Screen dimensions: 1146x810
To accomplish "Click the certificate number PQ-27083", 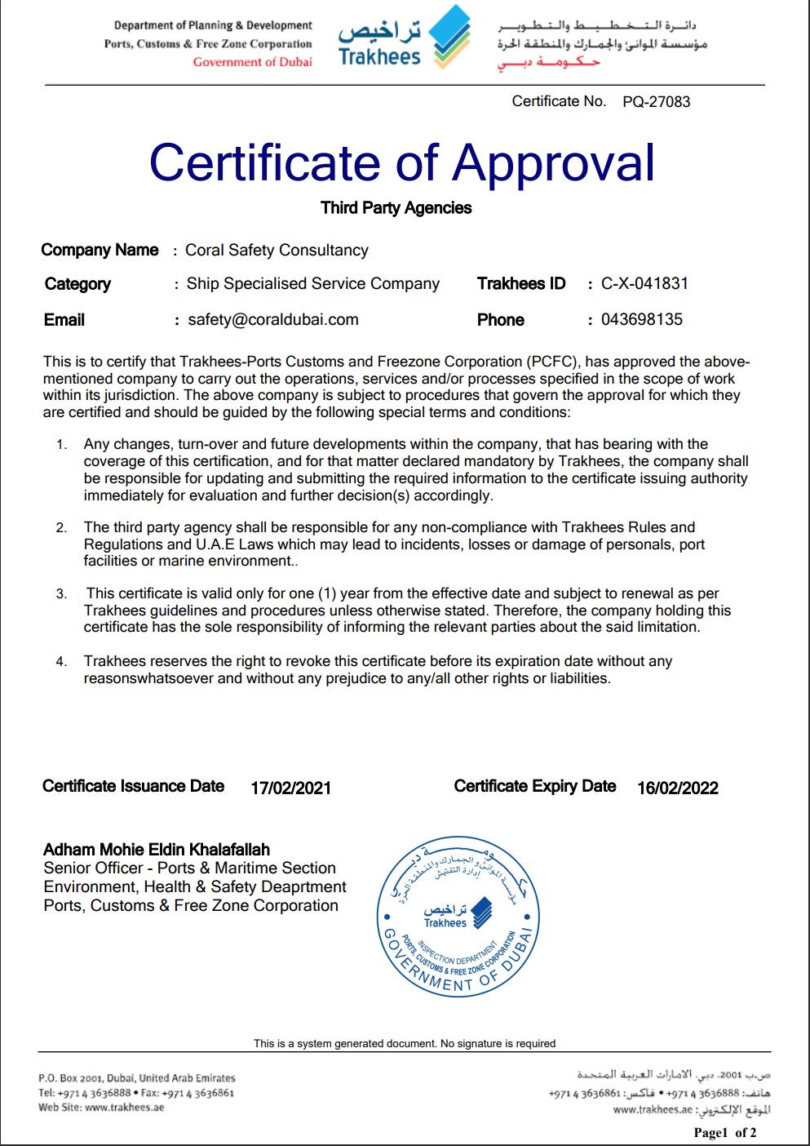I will pos(656,102).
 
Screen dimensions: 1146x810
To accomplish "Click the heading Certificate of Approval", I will pos(402,162).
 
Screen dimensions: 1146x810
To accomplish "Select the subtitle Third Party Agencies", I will pos(396,208).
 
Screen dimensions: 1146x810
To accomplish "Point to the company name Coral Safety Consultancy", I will pos(277,251).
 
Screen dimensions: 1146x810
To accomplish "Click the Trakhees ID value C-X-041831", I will pos(644,284).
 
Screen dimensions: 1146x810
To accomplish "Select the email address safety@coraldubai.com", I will pos(273,320).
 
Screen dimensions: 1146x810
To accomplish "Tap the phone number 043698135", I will pos(642,320).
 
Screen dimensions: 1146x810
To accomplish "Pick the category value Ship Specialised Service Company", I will pos(313,284).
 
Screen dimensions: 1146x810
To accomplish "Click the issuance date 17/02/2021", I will pos(290,788).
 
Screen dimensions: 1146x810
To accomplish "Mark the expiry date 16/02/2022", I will pos(678,788).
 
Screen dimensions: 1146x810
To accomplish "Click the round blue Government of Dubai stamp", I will pos(457,916).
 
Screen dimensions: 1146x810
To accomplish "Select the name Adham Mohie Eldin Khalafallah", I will pos(157,850).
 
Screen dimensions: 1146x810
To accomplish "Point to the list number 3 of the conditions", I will pos(62,594).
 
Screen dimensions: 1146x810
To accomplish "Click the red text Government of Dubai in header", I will pos(252,62).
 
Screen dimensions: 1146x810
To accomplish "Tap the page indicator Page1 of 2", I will pos(724,1132).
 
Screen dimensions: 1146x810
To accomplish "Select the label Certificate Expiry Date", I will pos(534,786).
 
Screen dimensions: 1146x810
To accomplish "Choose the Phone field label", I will pos(501,320).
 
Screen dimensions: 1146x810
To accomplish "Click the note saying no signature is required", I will pos(405,1043).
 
